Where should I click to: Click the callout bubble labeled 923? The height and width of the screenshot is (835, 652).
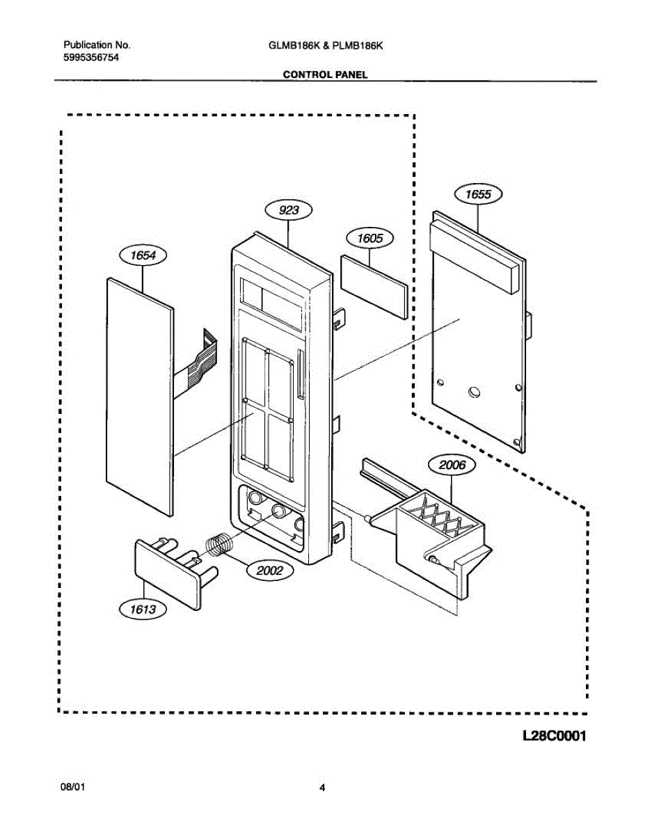(288, 210)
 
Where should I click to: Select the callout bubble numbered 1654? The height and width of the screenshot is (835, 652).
(143, 255)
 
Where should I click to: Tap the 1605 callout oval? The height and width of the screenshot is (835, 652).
(369, 238)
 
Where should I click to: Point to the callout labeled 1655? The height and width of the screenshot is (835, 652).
(478, 194)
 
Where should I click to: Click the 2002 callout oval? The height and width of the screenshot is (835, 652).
(270, 571)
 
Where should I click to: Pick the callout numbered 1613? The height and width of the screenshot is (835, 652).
(144, 611)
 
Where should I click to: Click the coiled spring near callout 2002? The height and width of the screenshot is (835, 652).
(221, 543)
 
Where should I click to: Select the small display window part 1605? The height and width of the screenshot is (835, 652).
(374, 286)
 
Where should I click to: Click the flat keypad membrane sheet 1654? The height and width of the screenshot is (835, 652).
(139, 393)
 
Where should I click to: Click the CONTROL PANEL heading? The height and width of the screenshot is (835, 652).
(326, 74)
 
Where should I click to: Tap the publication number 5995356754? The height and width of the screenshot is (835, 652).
(90, 58)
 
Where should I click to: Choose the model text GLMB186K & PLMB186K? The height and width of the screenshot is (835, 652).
(326, 45)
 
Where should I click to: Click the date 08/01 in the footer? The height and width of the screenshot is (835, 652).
(73, 788)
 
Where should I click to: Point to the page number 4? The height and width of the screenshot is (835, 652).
(322, 788)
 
